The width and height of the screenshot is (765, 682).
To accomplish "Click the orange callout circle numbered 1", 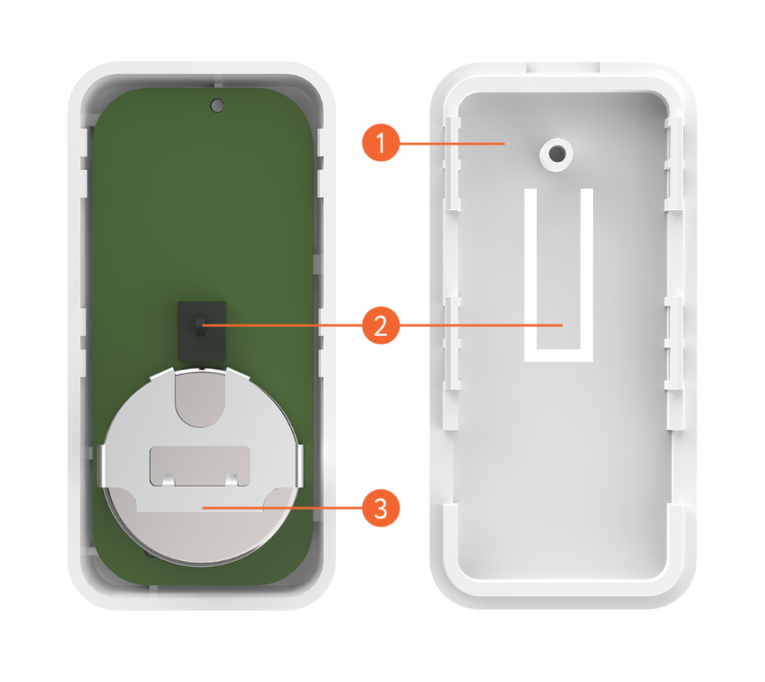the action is pos(380,143).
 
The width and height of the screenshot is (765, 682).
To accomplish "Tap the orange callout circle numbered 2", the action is pos(380,326).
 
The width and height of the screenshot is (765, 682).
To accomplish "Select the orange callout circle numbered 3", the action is pos(380,508).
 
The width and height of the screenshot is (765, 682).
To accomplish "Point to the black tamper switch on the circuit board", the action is pos(202,331).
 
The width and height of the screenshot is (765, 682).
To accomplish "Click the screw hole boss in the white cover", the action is pos(556,154).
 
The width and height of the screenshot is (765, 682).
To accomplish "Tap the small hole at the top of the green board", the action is pos(217,105).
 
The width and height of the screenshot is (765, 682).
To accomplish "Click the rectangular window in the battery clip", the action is pos(200,466).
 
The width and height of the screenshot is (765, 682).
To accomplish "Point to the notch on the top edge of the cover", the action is pos(563,68).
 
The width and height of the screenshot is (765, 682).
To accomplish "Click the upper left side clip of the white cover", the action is pos(452,164).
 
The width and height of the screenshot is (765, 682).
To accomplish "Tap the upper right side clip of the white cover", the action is pos(675,164).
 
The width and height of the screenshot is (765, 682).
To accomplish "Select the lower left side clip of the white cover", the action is pos(452,343).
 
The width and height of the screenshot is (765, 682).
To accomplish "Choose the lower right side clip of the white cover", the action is pos(675,343).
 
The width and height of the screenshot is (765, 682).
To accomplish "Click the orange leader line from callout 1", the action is pos(452,143).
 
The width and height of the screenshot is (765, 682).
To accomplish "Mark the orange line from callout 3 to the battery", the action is pos(282,508).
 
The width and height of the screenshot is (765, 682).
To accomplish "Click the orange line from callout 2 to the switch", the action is pos(282,326).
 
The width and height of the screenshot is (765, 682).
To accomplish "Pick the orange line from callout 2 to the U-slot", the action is pos(480,326).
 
